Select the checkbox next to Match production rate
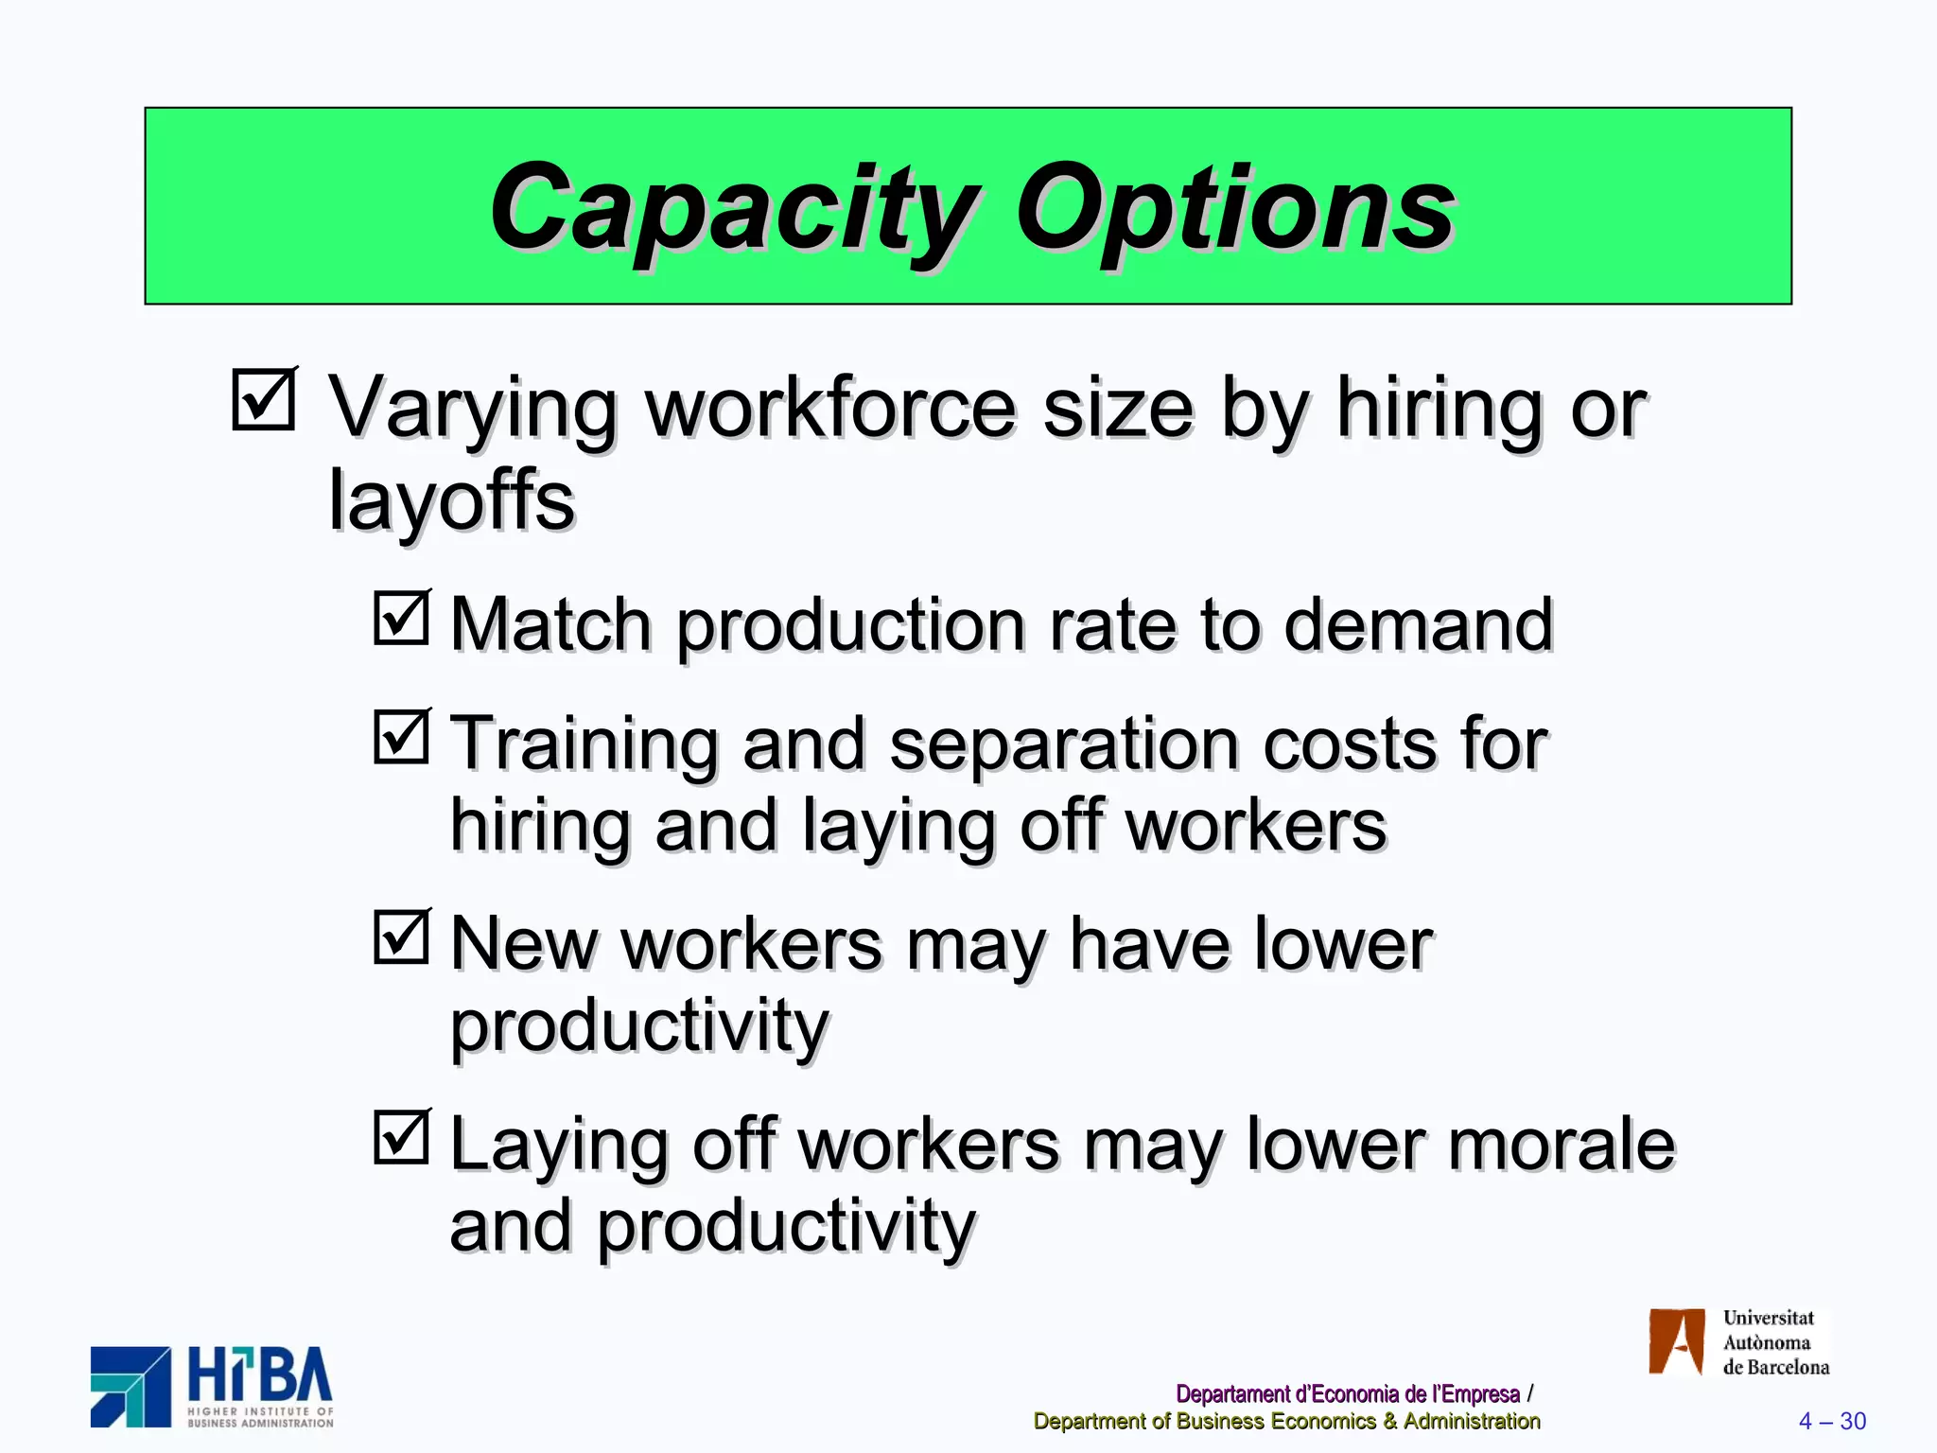[x=402, y=618]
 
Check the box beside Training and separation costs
[x=402, y=736]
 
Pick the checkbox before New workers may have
[x=402, y=937]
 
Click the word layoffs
[x=451, y=501]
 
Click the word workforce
[x=830, y=409]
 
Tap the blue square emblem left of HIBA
[x=131, y=1387]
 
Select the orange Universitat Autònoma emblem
[x=1676, y=1341]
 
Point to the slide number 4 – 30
[x=1832, y=1421]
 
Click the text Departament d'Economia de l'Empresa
[x=1347, y=1393]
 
